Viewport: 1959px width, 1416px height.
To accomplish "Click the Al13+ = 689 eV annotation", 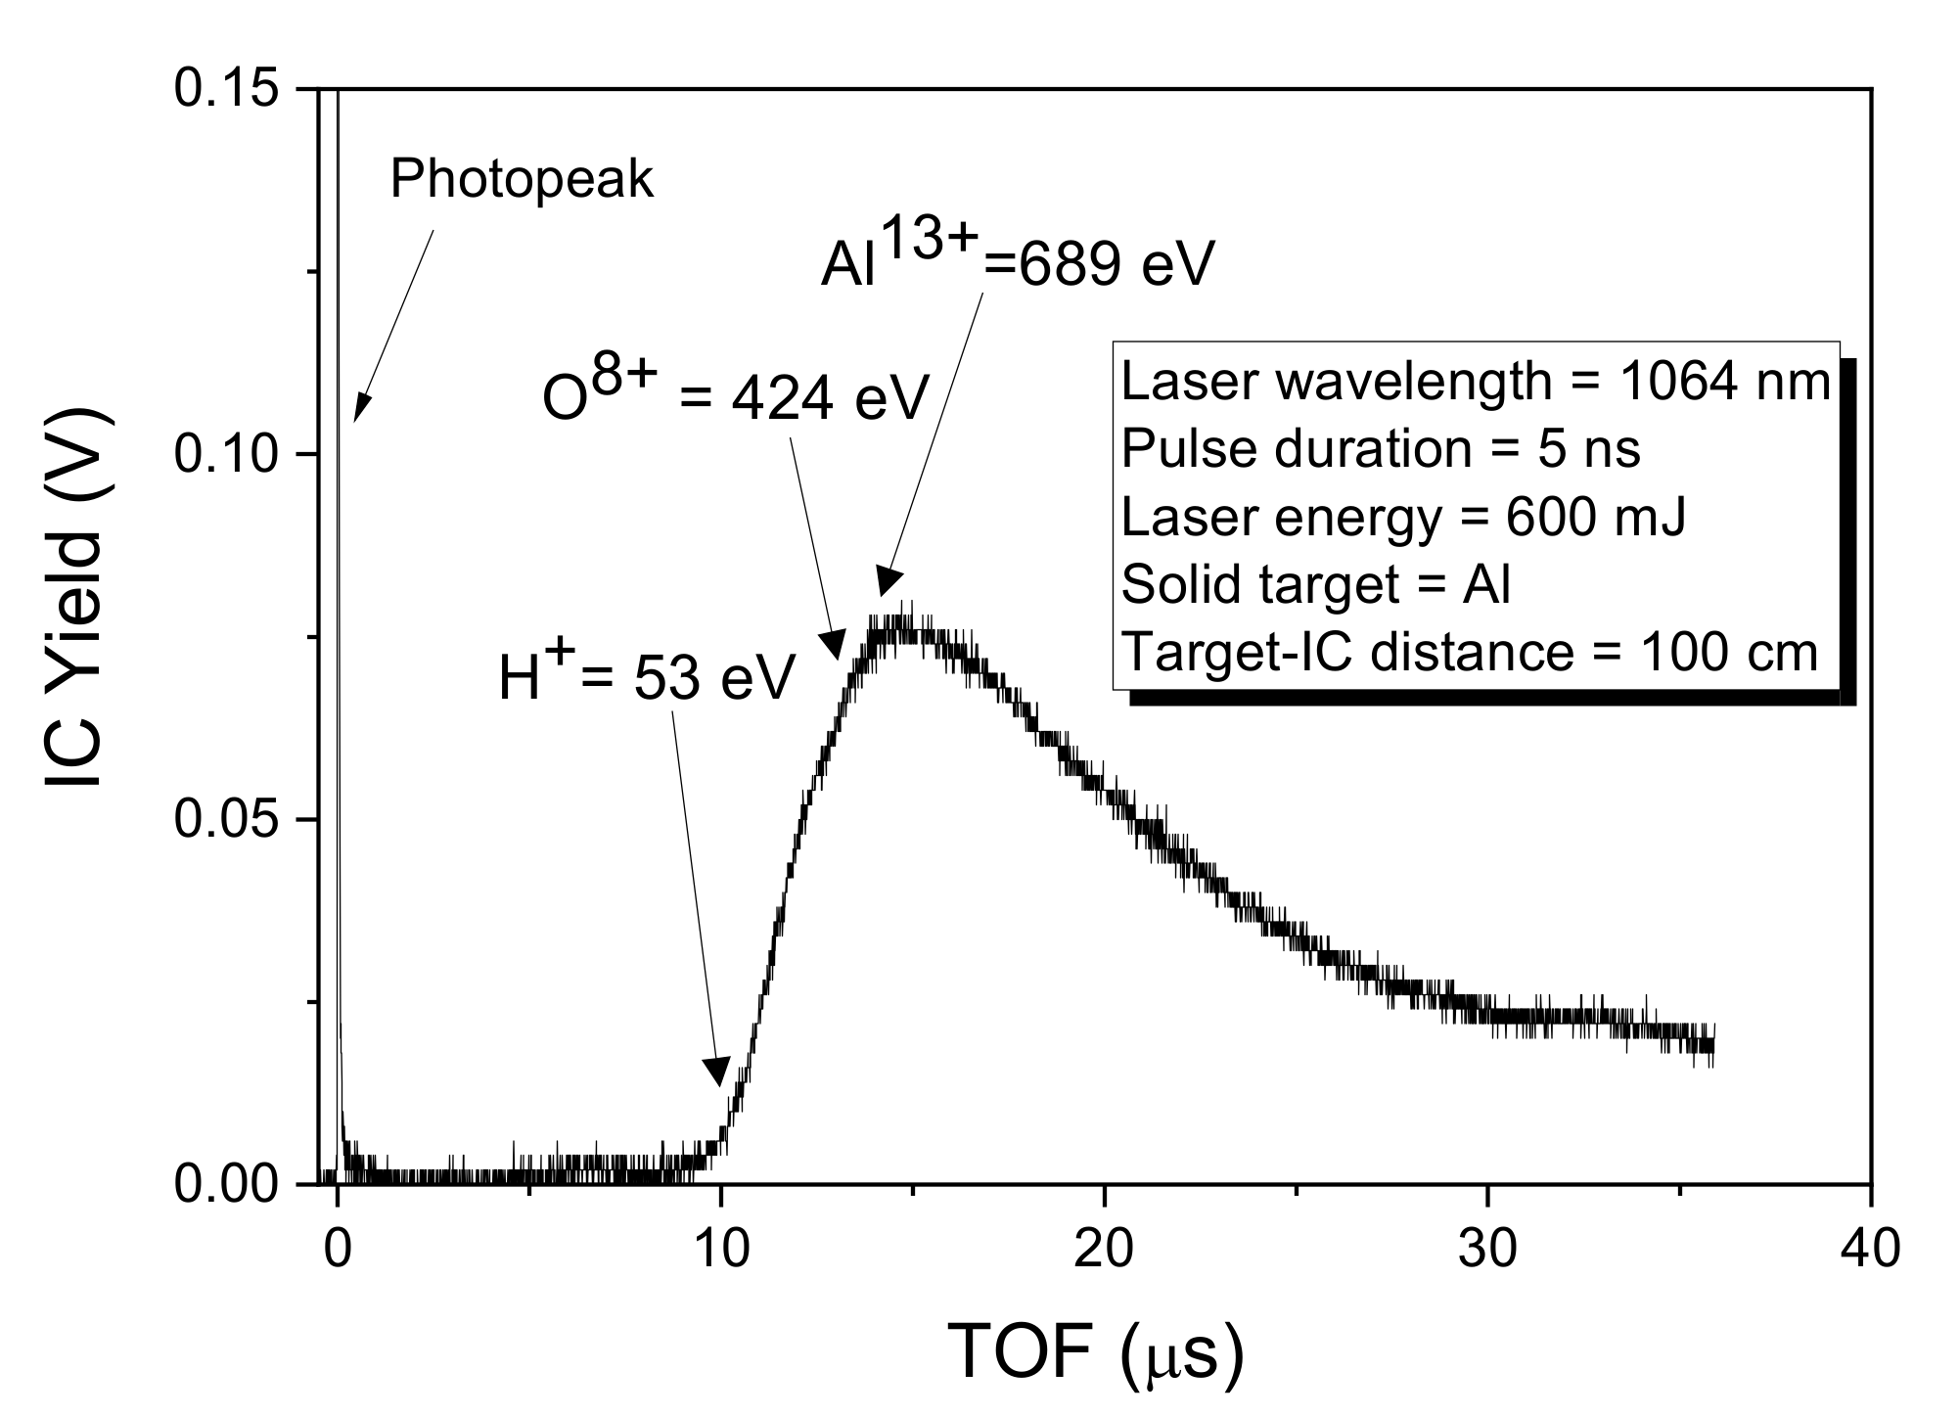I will coord(1017,257).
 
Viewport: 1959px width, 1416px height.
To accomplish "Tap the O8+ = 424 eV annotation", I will coord(734,395).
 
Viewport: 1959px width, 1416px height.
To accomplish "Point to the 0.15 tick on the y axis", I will coord(226,89).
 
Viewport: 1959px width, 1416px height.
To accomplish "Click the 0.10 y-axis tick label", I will coord(226,454).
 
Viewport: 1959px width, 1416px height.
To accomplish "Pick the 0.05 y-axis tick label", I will coord(226,820).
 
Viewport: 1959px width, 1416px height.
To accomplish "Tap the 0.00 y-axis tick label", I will coord(226,1185).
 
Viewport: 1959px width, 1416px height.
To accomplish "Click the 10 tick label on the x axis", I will coord(720,1250).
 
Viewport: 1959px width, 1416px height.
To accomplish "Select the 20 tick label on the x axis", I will coord(1104,1250).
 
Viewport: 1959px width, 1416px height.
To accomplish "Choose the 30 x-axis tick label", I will coord(1487,1250).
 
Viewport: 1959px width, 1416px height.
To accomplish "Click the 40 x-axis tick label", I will coord(1870,1250).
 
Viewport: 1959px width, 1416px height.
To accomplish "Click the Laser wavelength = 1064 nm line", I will coord(1476,382).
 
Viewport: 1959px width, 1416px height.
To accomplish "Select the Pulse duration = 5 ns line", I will coord(1380,449).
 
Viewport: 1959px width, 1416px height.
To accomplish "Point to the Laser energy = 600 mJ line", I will coord(1403,517).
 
